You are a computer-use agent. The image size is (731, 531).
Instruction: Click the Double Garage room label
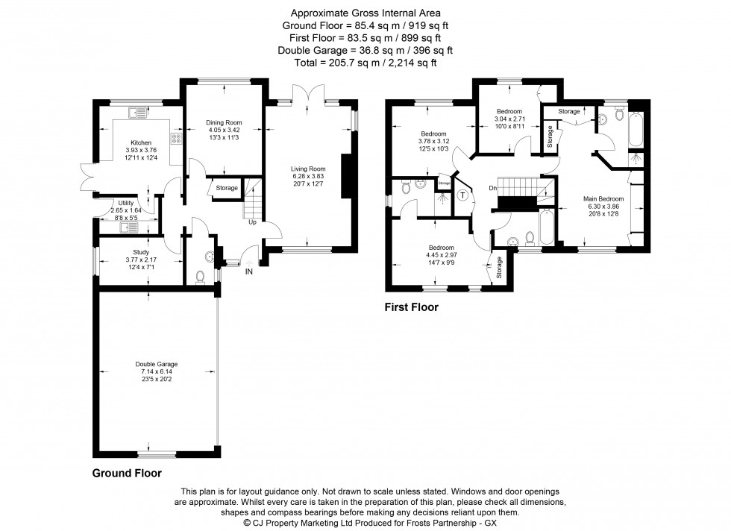click(x=156, y=364)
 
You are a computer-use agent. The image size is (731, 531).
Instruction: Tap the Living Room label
click(x=308, y=169)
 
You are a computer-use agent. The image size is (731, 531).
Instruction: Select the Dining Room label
click(x=224, y=122)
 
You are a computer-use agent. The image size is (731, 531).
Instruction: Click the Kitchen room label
click(x=141, y=142)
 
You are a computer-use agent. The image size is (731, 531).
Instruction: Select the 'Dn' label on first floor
click(x=493, y=188)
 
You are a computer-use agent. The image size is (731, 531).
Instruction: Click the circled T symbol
click(x=462, y=196)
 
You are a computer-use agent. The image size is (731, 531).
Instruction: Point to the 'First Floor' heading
click(x=411, y=307)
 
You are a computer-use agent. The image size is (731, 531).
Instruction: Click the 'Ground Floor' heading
click(x=127, y=473)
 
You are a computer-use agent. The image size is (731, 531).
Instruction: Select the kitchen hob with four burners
click(x=177, y=138)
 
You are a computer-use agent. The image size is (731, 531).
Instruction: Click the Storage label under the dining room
click(x=227, y=188)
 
